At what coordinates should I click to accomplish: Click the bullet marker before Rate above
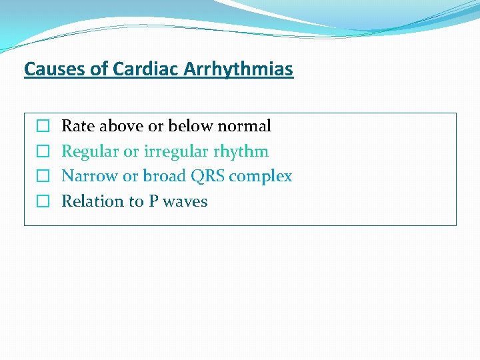[x=43, y=126]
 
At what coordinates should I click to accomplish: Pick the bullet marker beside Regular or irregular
[x=43, y=151]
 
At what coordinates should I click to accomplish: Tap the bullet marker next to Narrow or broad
[x=43, y=177]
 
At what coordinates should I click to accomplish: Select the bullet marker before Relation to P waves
[x=43, y=201]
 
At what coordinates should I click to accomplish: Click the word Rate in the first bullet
[x=76, y=126]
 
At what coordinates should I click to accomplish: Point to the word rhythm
[x=241, y=151]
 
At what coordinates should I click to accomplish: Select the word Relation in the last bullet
[x=91, y=201]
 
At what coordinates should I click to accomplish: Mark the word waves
[x=185, y=201]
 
